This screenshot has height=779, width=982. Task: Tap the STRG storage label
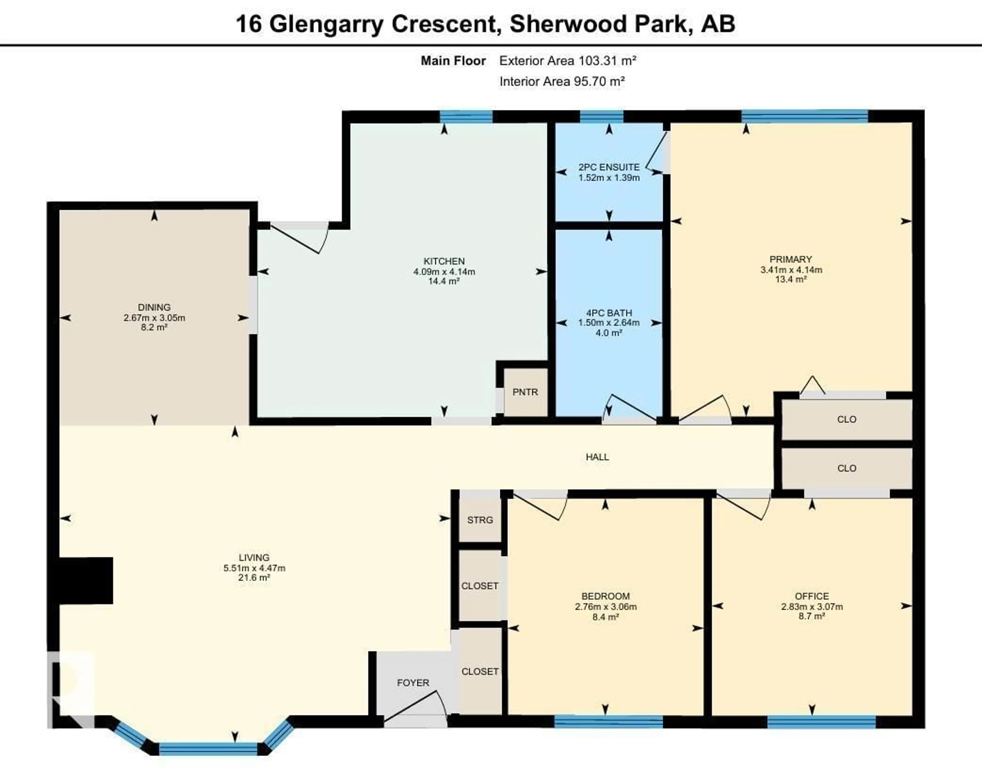click(x=479, y=520)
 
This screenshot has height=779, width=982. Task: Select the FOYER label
click(x=413, y=682)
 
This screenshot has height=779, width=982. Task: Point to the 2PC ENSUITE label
click(x=609, y=167)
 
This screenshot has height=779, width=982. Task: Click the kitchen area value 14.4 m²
click(x=444, y=281)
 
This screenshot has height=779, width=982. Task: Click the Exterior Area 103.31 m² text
click(x=567, y=61)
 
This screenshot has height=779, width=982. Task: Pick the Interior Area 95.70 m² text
click(x=562, y=82)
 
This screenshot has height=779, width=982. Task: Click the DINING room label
click(x=154, y=307)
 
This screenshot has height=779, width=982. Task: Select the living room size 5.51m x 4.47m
click(x=254, y=568)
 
